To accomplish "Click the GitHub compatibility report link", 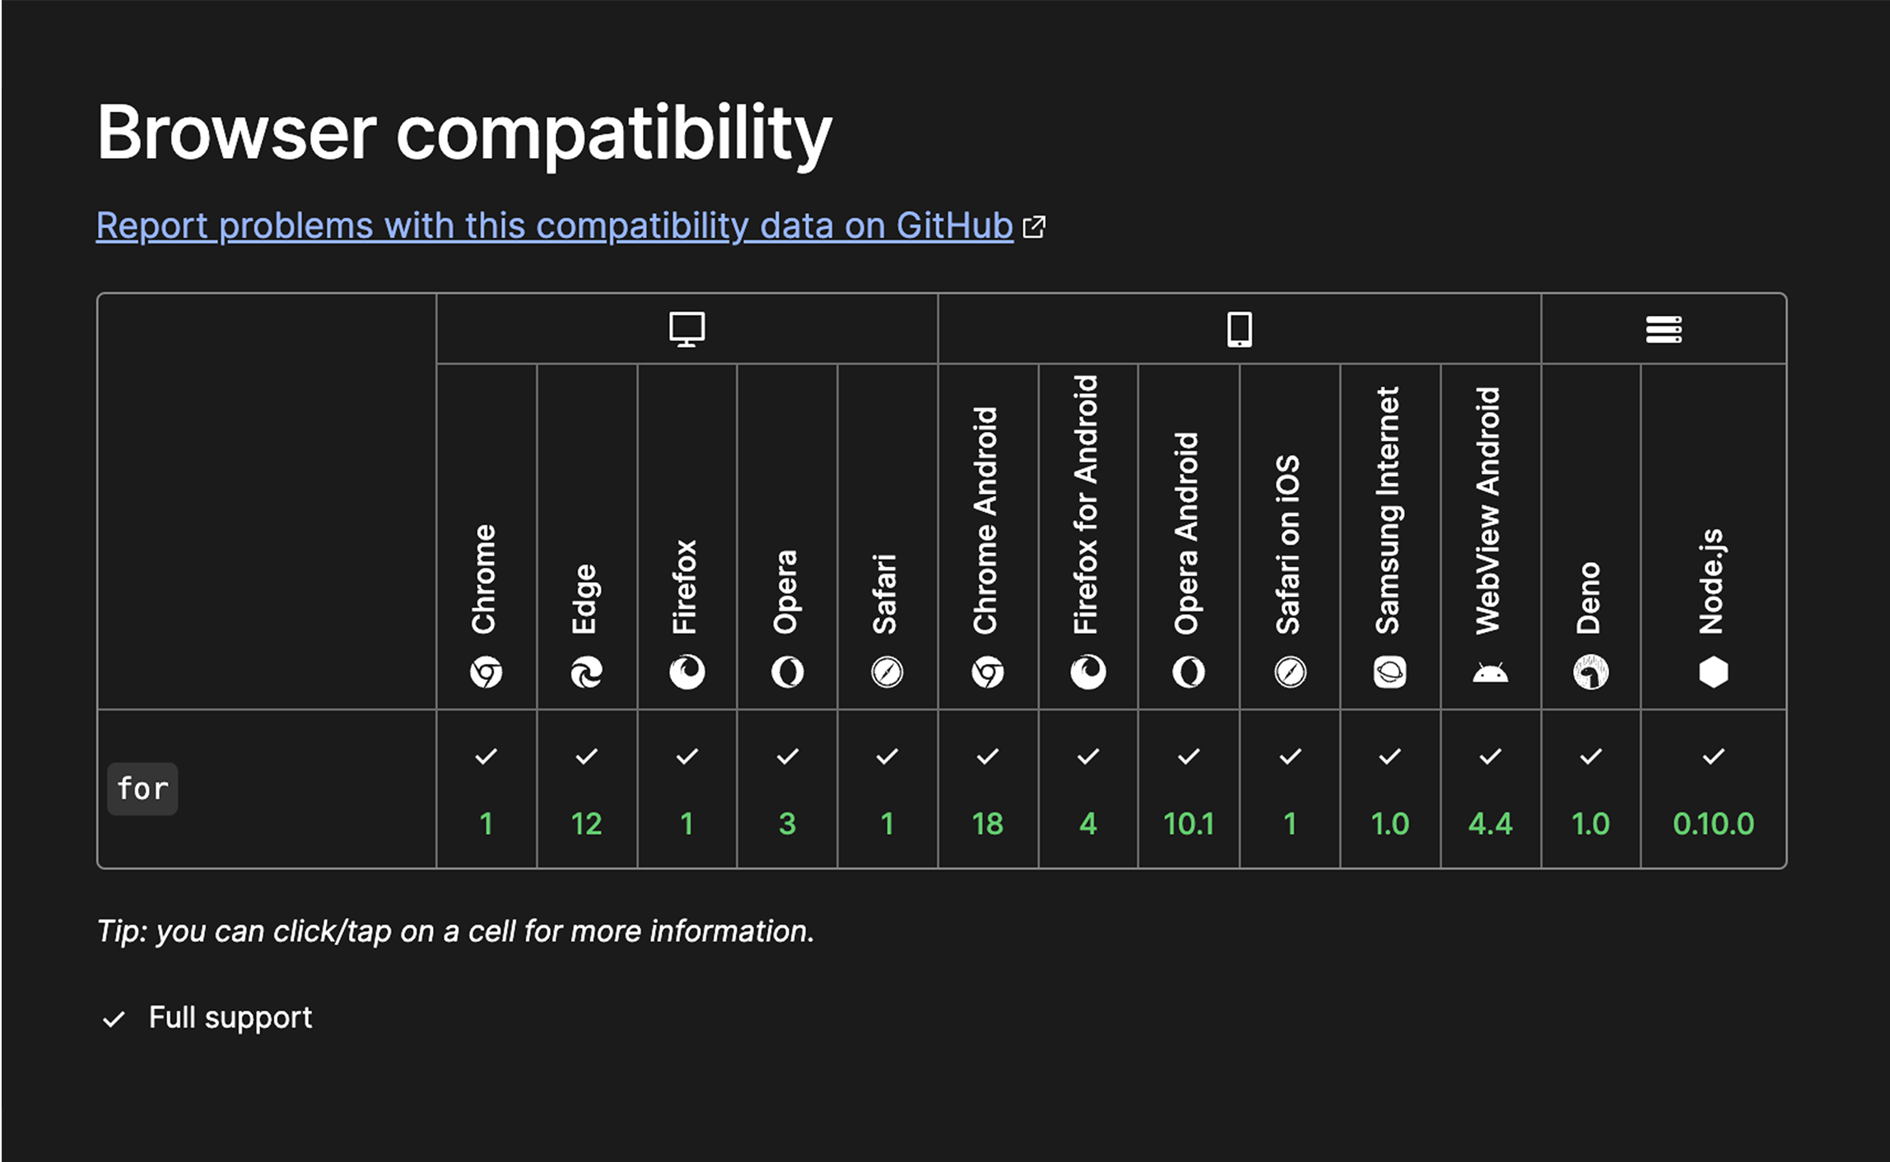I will coord(554,225).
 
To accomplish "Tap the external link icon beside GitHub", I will coord(1034,226).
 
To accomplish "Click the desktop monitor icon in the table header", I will coord(687,329).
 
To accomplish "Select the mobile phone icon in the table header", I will coord(1239,329).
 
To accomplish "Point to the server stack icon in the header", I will coord(1664,329).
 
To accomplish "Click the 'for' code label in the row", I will coord(142,789).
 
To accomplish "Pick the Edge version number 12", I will coord(586,824).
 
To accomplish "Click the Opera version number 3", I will coord(787,824).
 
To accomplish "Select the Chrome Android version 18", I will coord(987,824).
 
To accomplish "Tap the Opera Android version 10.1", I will coord(1188,824).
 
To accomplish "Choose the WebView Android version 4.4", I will coord(1490,824).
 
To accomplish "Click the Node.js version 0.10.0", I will coord(1713,824).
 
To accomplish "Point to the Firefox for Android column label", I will coord(1087,504).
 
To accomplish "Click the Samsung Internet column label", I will coord(1389,510).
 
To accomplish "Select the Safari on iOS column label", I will coord(1288,543).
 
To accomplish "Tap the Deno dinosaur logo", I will coord(1590,672).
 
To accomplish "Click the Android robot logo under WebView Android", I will coord(1490,673).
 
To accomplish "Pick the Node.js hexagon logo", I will coord(1713,672).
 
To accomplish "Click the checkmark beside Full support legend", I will coord(114,1019).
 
